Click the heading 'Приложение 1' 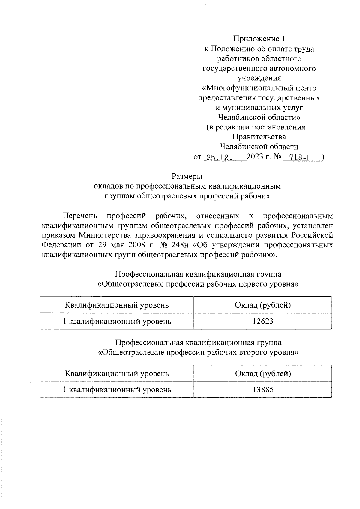click(259, 39)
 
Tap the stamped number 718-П click(300, 157)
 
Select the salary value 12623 click(263, 321)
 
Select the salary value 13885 click(263, 390)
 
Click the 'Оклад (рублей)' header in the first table click(263, 305)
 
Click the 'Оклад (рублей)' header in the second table click(263, 374)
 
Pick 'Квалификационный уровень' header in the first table click(117, 305)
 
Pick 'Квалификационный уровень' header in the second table click(117, 374)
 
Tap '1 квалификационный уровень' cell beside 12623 click(117, 322)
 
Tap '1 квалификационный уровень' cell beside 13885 click(117, 390)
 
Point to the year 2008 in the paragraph click(137, 245)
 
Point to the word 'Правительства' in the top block click(259, 137)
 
